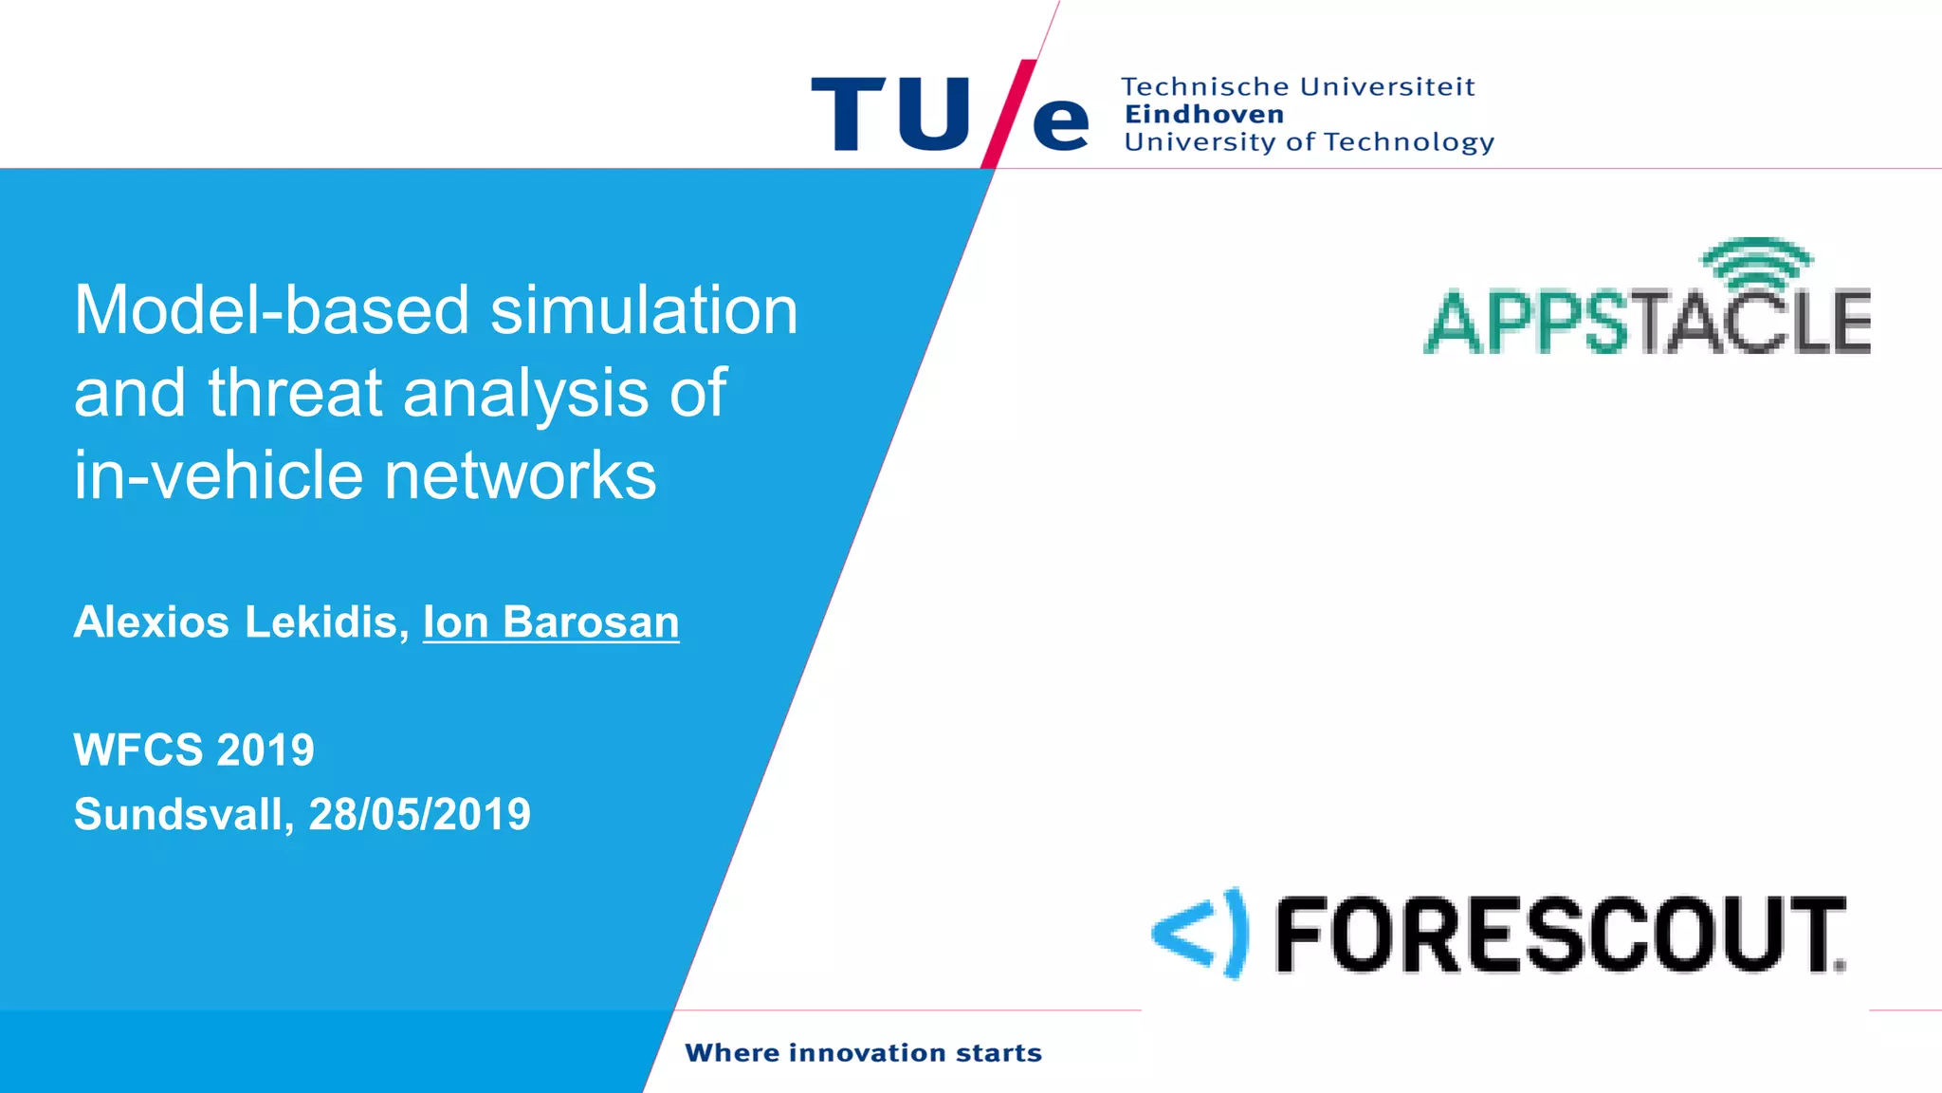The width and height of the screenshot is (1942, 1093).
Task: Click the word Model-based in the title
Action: pos(271,310)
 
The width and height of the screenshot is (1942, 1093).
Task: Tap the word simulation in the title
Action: pos(645,310)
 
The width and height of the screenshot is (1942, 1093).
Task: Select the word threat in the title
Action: pos(295,393)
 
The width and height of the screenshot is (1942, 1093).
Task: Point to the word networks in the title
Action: pos(521,475)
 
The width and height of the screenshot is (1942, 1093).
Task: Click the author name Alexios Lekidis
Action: pos(241,622)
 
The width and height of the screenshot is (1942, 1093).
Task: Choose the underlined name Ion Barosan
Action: pos(551,622)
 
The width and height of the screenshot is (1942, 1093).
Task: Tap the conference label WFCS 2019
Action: pos(193,750)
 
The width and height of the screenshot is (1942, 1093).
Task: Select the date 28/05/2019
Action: pos(420,814)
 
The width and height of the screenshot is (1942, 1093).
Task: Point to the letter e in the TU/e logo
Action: pos(1060,122)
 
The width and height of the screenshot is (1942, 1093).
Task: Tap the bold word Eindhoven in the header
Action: pos(1204,115)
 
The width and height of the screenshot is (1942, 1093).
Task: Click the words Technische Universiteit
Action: pos(1298,87)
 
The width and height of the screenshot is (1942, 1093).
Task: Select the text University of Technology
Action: pos(1309,142)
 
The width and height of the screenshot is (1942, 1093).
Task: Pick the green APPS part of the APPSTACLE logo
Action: pos(1527,324)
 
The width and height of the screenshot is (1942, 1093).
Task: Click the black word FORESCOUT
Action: pos(1560,936)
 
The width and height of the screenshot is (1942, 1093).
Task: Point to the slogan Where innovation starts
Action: pos(863,1053)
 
